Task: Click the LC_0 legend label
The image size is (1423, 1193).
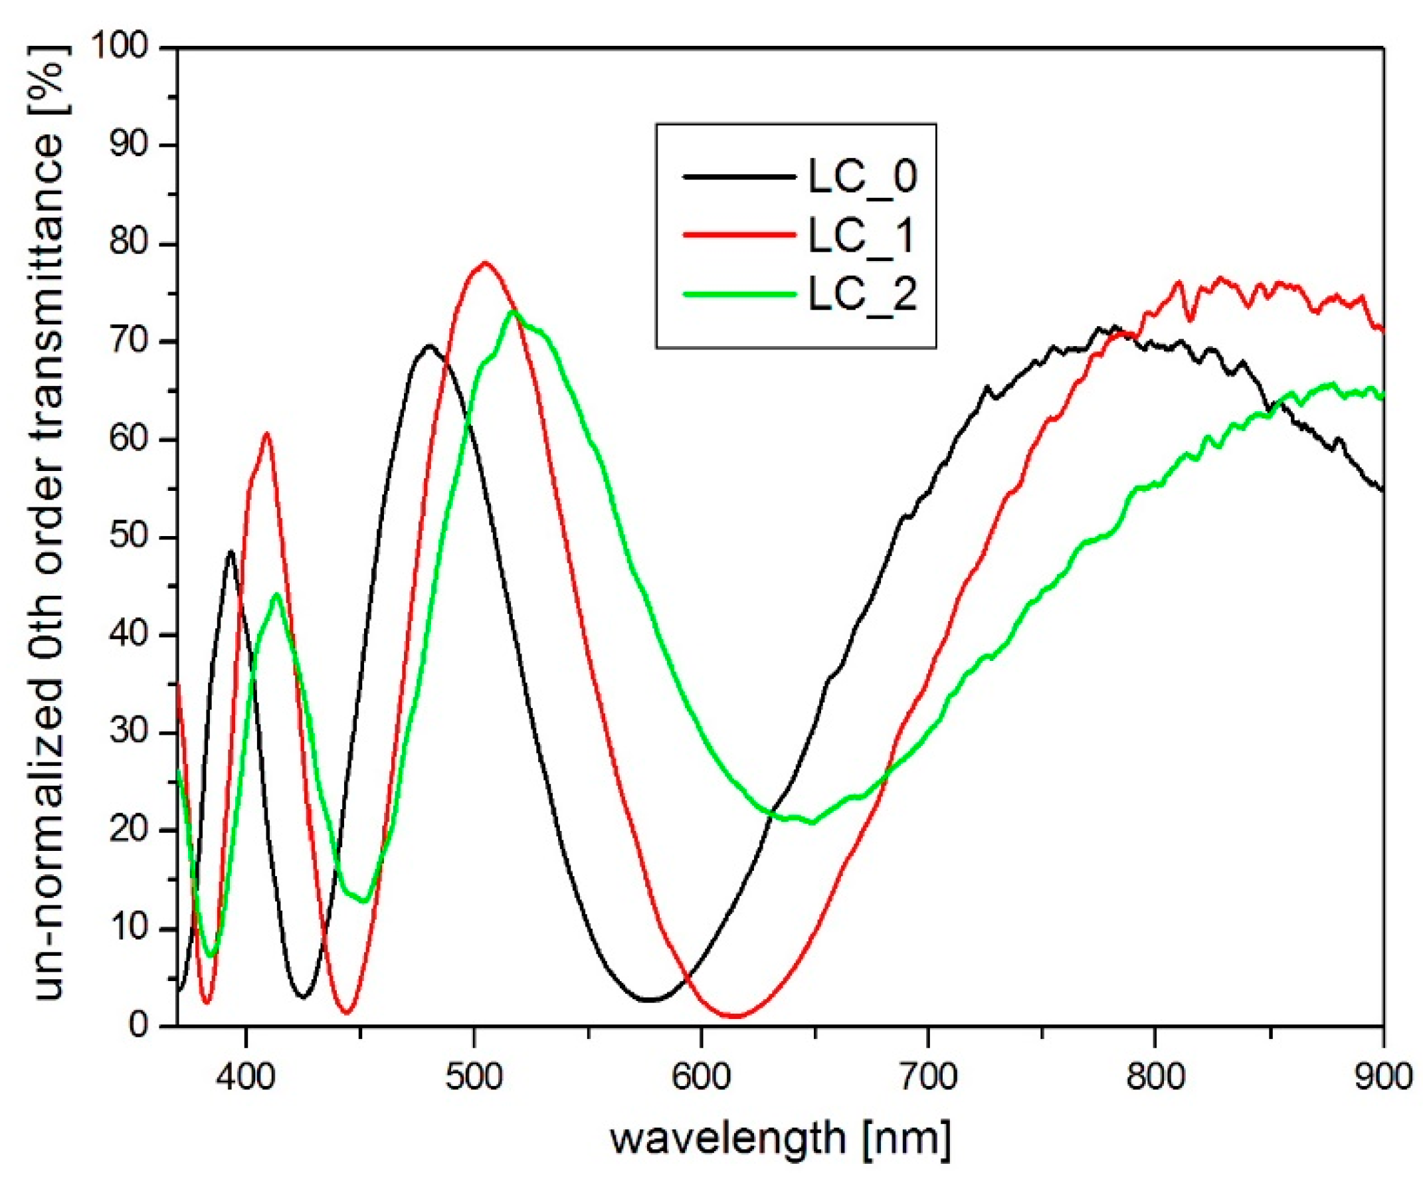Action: pyautogui.click(x=862, y=177)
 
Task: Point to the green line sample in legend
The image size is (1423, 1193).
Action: pyautogui.click(x=739, y=294)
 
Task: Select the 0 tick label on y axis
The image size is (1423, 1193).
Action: pyautogui.click(x=138, y=1026)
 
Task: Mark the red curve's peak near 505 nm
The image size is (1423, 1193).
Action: pyautogui.click(x=484, y=263)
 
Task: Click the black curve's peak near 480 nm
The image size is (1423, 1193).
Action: pyautogui.click(x=428, y=345)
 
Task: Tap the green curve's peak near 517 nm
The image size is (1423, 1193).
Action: pyautogui.click(x=513, y=311)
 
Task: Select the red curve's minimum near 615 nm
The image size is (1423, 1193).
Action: pyautogui.click(x=737, y=1016)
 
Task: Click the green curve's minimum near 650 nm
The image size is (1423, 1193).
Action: pyautogui.click(x=812, y=823)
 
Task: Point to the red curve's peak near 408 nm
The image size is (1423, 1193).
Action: pyautogui.click(x=266, y=433)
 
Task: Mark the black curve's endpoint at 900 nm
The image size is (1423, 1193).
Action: pyautogui.click(x=1382, y=490)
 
